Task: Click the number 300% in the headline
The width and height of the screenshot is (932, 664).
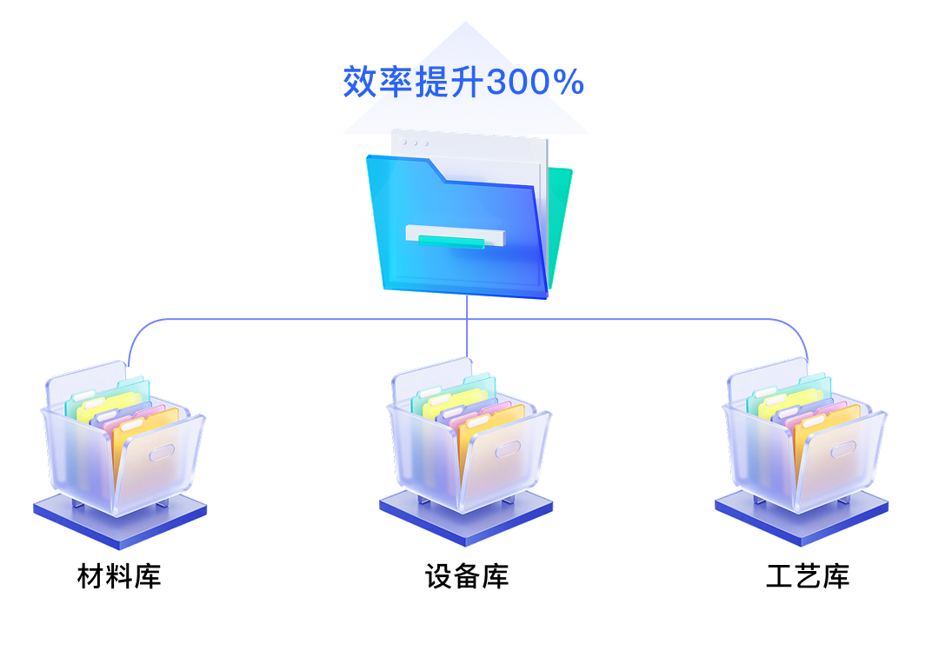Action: point(535,83)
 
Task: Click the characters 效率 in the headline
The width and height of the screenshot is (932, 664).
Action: point(378,83)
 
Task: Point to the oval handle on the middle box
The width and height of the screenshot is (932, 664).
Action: point(508,449)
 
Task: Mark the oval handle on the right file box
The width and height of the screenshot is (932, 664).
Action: point(843,449)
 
